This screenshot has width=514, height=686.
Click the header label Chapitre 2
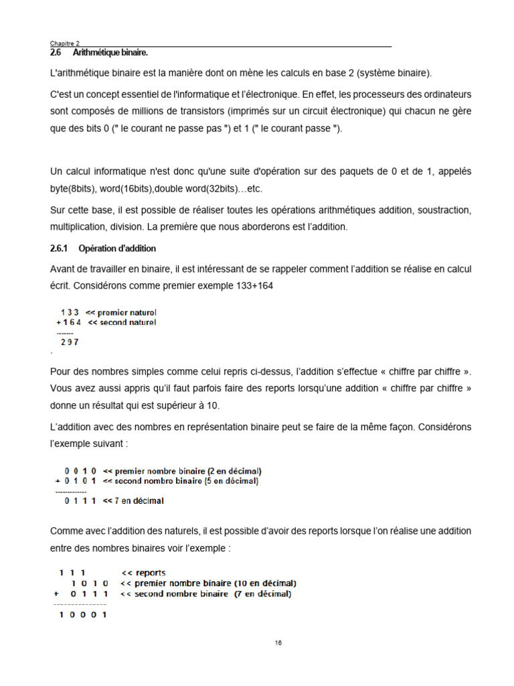click(x=65, y=43)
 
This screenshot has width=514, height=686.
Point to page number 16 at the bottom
click(x=278, y=643)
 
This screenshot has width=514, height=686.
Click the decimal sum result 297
click(x=70, y=342)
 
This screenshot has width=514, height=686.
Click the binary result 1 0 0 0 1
click(x=83, y=616)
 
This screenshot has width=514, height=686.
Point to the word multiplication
click(x=78, y=227)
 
